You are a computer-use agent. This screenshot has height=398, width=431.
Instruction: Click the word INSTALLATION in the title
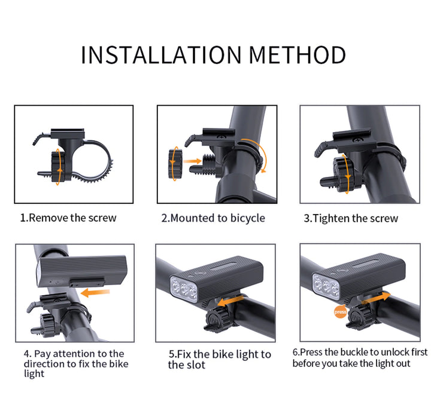point(162,54)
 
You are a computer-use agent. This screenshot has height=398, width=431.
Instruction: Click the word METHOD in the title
point(298,54)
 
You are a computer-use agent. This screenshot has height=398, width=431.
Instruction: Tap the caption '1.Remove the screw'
point(68,218)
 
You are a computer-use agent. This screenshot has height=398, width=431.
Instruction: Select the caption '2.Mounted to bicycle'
point(213,218)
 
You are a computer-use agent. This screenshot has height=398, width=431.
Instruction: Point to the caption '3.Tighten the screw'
point(351,218)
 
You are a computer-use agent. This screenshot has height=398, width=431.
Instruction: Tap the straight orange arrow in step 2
point(192,161)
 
